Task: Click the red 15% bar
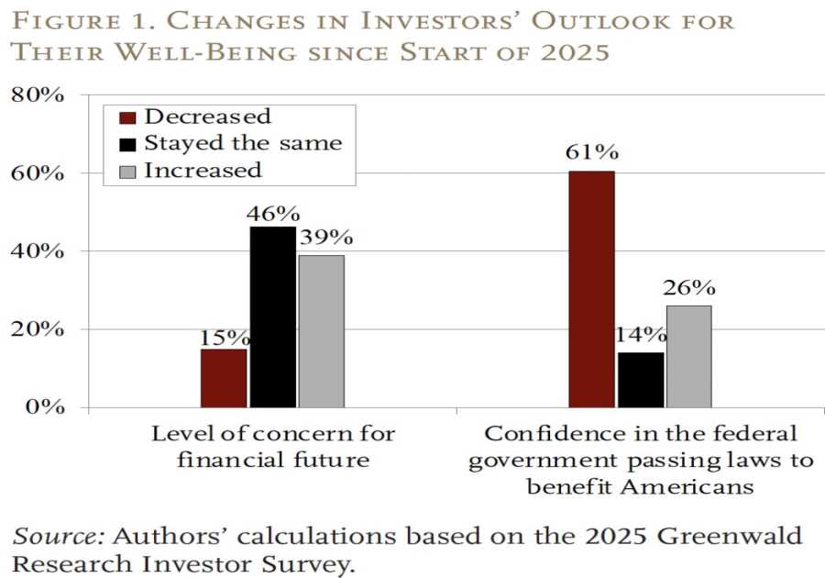pyautogui.click(x=224, y=378)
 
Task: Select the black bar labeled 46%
pyautogui.click(x=272, y=317)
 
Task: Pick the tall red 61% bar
pyautogui.click(x=591, y=289)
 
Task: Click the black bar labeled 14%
pyautogui.click(x=640, y=380)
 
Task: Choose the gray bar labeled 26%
pyautogui.click(x=688, y=356)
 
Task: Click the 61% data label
pyautogui.click(x=591, y=151)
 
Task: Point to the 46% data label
pyautogui.click(x=272, y=213)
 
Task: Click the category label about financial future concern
pyautogui.click(x=272, y=446)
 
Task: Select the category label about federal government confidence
pyautogui.click(x=640, y=459)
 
